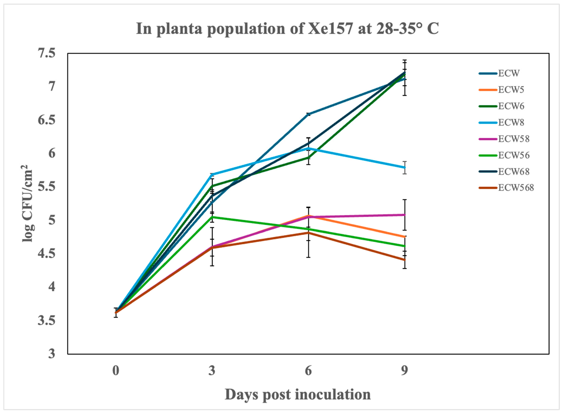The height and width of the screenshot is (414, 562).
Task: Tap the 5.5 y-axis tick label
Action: pos(46,187)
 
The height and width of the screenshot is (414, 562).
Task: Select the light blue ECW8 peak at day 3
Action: pos(212,174)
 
